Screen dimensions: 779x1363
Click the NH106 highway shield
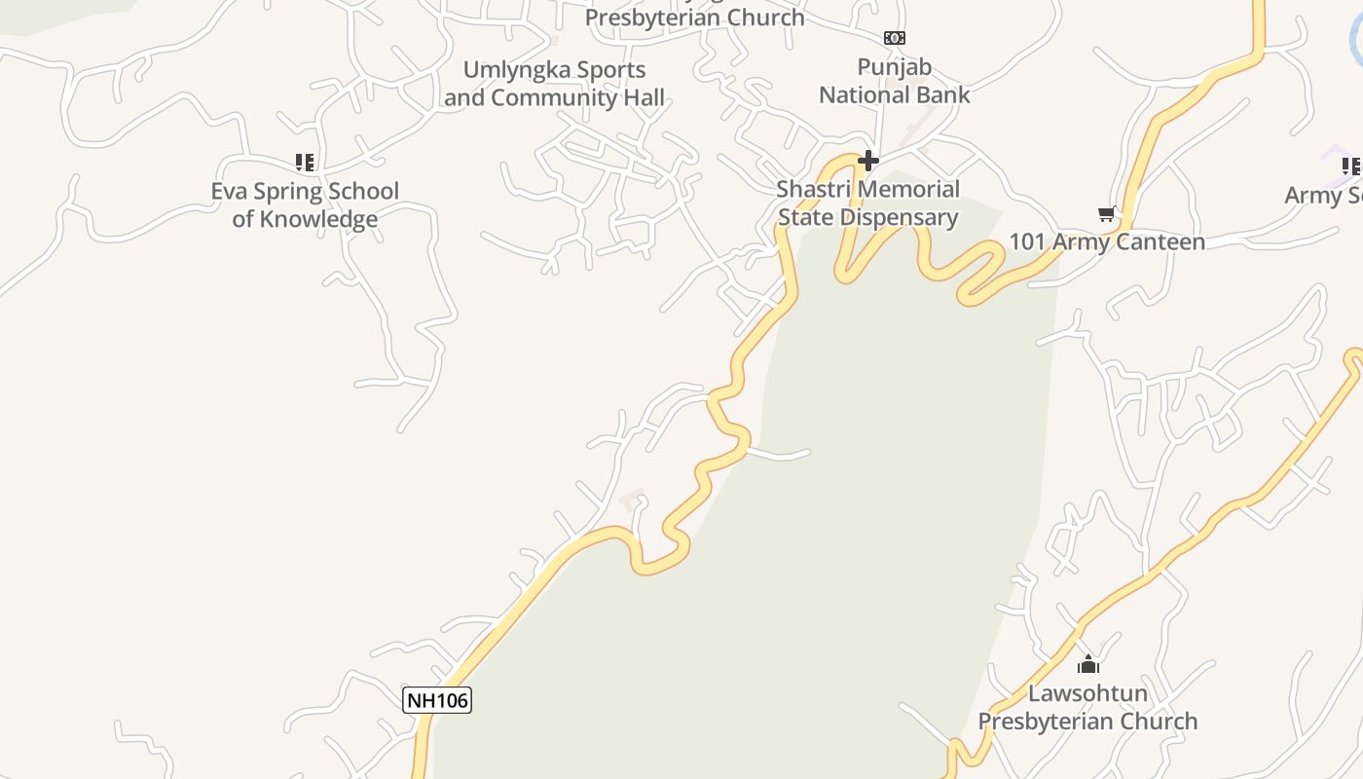click(x=437, y=699)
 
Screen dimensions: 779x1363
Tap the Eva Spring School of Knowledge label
click(x=305, y=204)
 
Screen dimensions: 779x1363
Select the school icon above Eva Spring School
click(x=305, y=162)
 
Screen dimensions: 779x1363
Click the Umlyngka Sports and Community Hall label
click(x=555, y=84)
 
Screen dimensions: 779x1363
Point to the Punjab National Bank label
click(x=894, y=81)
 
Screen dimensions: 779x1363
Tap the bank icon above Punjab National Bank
click(x=894, y=38)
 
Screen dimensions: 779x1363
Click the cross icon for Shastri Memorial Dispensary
click(x=868, y=160)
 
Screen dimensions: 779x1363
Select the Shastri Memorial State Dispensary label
click(x=868, y=203)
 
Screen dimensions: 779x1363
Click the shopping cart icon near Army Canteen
click(x=1106, y=213)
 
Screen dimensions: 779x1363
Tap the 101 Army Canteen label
click(x=1107, y=241)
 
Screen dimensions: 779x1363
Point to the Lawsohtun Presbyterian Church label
click(x=1087, y=708)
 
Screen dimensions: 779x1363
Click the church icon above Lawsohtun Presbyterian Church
click(x=1088, y=665)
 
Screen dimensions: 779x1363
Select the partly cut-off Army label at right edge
click(x=1324, y=195)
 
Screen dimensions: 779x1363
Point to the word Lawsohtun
click(x=1087, y=693)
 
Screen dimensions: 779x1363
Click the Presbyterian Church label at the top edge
click(x=694, y=17)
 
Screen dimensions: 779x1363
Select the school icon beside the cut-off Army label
click(x=1350, y=167)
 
